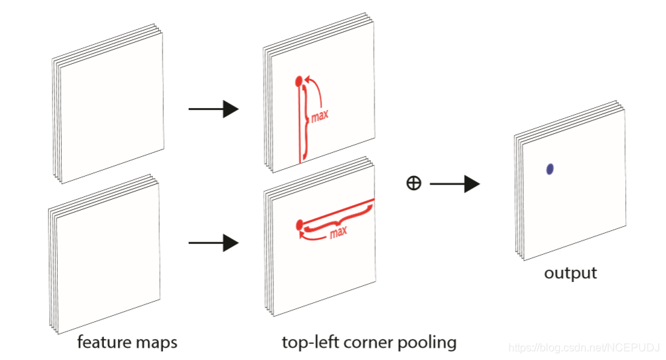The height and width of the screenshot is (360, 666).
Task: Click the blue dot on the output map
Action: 550,169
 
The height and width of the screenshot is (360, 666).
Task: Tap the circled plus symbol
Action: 414,183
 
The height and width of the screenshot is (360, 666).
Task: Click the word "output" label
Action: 570,272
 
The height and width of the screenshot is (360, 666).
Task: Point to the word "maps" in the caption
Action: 156,342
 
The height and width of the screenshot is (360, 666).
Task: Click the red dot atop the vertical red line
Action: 298,80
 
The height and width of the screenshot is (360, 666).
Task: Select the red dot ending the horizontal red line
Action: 299,225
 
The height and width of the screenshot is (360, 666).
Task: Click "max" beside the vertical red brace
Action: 320,115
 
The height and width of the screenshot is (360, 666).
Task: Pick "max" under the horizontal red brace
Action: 338,232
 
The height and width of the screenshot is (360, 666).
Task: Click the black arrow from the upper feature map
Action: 213,109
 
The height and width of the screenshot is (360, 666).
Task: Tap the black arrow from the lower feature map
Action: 213,243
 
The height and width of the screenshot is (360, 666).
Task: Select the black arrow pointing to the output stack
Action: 455,184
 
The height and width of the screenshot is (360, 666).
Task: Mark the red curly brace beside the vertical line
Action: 305,120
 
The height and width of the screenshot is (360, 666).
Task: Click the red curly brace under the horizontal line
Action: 338,219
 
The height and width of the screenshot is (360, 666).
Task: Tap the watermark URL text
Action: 584,348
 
